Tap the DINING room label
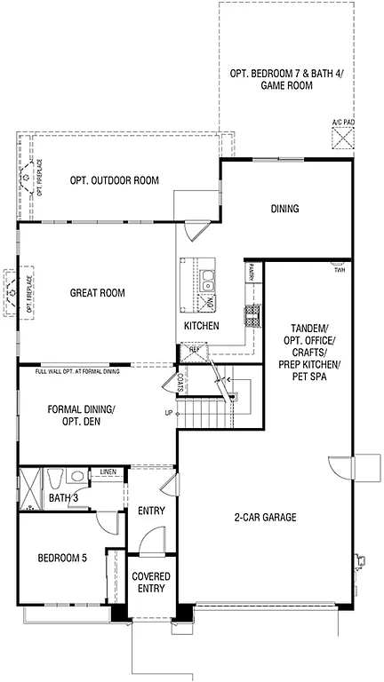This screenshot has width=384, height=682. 285,210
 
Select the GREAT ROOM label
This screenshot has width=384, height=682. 97,293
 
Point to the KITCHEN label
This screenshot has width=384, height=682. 202,326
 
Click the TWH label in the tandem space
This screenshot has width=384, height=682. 340,270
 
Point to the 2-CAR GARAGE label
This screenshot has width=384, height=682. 266,517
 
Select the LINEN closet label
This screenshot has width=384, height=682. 108,472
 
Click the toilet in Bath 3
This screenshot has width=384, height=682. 56,480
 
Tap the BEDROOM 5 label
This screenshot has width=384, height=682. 62,559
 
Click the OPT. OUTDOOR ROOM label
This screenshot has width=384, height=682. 114,181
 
